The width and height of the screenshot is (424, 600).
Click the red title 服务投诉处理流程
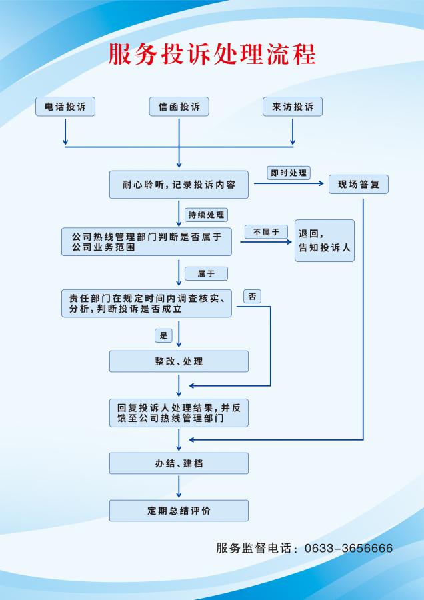211,55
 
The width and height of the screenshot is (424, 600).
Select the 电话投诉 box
65,107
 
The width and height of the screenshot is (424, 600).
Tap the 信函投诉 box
179,107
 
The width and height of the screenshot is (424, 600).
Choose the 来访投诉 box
293,107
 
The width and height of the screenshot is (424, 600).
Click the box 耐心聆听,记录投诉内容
179,185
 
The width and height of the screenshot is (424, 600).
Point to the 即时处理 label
288,173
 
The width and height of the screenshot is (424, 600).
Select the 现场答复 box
359,185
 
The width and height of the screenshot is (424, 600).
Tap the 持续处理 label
207,215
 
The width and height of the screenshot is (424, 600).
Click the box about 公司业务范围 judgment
147,241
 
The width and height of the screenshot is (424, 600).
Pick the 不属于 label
266,232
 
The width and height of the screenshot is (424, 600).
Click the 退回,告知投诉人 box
325,241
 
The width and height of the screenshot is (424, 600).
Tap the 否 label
252,296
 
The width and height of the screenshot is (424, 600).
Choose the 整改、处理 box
179,361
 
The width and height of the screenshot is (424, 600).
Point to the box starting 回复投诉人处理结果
179,413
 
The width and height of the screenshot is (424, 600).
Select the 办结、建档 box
179,463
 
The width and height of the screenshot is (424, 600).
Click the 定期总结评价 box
179,511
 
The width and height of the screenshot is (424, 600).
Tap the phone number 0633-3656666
348,549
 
